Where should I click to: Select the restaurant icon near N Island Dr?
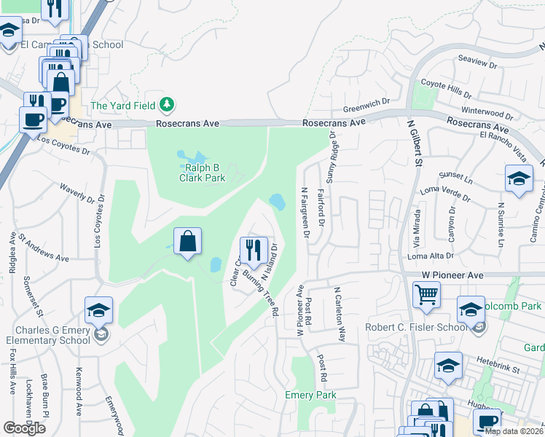[x=254, y=251]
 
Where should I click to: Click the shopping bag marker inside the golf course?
[x=188, y=241]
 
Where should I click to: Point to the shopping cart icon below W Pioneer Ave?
[x=426, y=295]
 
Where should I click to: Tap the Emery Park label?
[x=311, y=395]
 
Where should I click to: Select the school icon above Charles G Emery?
[x=98, y=310]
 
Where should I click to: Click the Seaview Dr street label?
[x=477, y=63]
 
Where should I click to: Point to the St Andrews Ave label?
[x=44, y=247]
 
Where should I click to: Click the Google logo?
[x=25, y=428]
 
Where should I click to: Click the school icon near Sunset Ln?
[x=518, y=178]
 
